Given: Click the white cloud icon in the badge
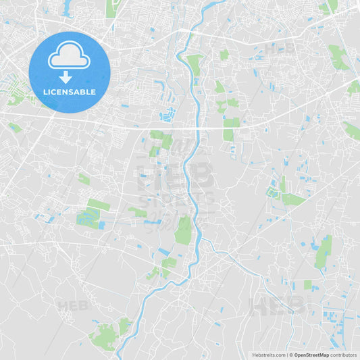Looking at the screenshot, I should (x=69, y=55).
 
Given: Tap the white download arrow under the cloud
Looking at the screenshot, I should (x=66, y=77).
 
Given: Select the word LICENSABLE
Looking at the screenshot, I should (x=70, y=92).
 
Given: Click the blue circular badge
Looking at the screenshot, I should (x=70, y=72).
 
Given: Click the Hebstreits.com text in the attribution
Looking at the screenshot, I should (x=269, y=355).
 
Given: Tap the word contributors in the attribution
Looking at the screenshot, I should (x=344, y=355).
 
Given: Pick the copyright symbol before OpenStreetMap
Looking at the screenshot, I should (x=290, y=355).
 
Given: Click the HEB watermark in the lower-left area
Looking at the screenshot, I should (x=73, y=305).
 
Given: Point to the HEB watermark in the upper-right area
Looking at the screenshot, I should (x=279, y=49).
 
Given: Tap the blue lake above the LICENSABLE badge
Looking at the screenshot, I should (x=68, y=8).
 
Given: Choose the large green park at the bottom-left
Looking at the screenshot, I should (x=105, y=336).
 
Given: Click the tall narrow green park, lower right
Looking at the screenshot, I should (x=324, y=252).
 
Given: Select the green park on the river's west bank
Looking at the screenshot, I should (x=183, y=230).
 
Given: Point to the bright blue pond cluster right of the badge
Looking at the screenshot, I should (x=167, y=114).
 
